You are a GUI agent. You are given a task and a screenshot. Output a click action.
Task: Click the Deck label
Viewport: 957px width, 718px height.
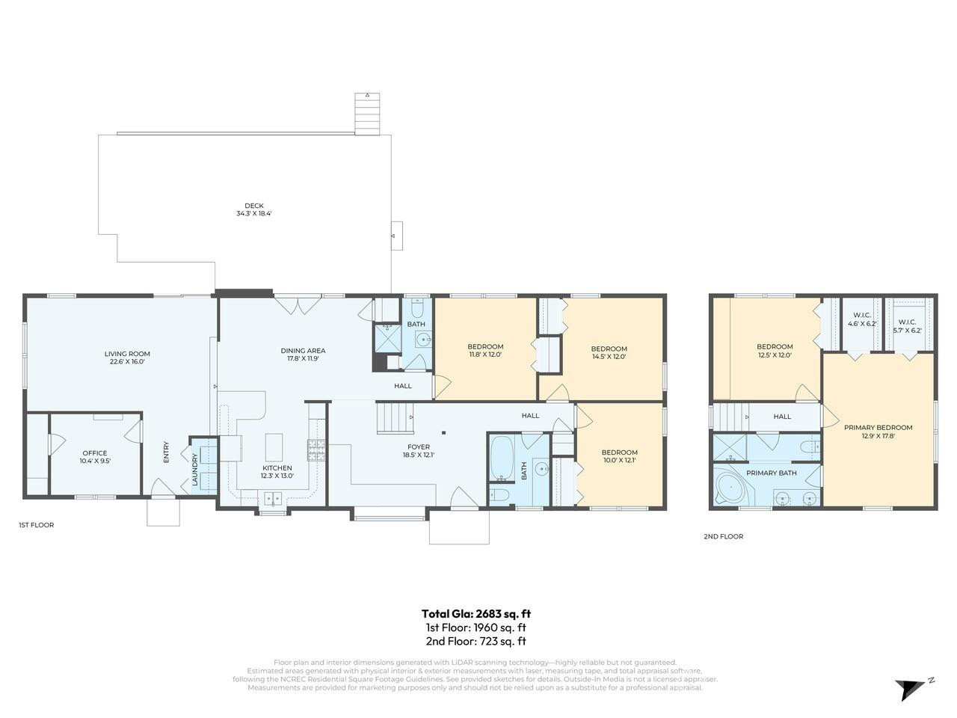[x=254, y=206]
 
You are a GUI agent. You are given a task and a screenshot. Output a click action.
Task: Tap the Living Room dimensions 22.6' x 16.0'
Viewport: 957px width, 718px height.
[x=127, y=362]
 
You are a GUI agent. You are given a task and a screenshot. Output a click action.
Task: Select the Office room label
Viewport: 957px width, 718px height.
[x=95, y=453]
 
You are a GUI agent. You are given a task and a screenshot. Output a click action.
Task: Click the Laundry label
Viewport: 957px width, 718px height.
[x=195, y=469]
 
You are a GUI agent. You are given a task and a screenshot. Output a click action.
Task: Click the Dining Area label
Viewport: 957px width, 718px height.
[x=303, y=350]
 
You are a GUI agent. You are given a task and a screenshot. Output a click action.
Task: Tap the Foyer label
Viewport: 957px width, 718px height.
[x=419, y=447]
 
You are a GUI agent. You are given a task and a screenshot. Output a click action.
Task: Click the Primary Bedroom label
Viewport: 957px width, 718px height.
[x=878, y=428]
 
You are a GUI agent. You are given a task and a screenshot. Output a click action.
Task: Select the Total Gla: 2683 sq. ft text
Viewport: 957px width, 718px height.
[x=476, y=613]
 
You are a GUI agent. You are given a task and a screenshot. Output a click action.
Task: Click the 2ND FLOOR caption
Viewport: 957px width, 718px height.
[x=723, y=536]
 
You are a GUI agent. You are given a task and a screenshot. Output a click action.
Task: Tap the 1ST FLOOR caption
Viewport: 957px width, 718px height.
[x=36, y=525]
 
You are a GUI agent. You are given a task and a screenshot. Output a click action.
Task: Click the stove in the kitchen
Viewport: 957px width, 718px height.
[x=316, y=449]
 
